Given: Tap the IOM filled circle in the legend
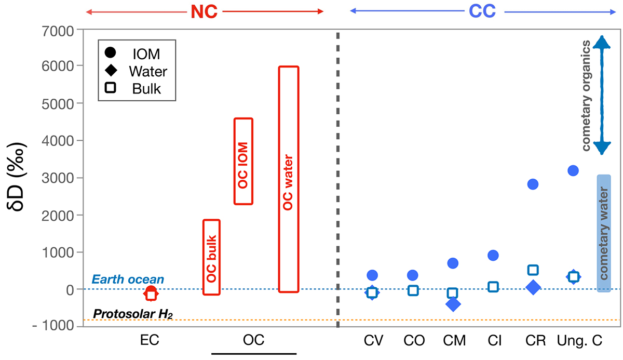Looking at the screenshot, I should pyautogui.click(x=110, y=53).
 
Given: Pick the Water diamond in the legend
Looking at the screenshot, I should pyautogui.click(x=110, y=71).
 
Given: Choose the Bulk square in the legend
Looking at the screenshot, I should pyautogui.click(x=110, y=88).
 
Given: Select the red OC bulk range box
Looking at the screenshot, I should pyautogui.click(x=211, y=257).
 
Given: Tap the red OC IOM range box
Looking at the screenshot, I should pyautogui.click(x=243, y=161).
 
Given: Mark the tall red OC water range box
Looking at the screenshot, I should pyautogui.click(x=288, y=179).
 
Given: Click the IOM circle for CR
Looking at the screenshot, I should pyautogui.click(x=533, y=184).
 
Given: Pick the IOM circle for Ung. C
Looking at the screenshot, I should pyautogui.click(x=573, y=170).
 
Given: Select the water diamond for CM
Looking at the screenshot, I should pyautogui.click(x=452, y=304).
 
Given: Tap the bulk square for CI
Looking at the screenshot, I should pyautogui.click(x=493, y=287).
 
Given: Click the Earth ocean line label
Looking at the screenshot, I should pyautogui.click(x=128, y=279).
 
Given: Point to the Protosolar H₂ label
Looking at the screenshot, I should pyautogui.click(x=132, y=313).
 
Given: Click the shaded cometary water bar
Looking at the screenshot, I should pyautogui.click(x=603, y=233).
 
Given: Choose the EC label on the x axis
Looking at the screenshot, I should pyautogui.click(x=150, y=341).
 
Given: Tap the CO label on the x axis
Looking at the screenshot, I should pyautogui.click(x=414, y=341).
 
